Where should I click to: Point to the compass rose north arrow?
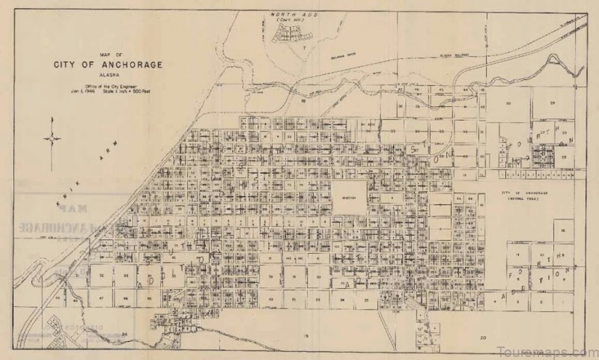(x=53, y=138)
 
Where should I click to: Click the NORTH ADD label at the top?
(x=288, y=14)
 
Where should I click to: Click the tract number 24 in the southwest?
(x=125, y=335)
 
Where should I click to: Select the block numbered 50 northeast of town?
(x=507, y=102)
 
